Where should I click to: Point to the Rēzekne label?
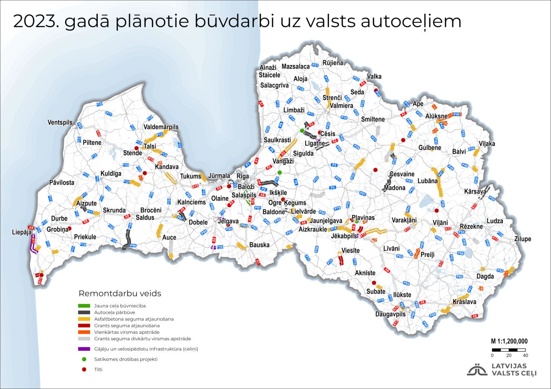472,226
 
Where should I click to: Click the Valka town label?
374,76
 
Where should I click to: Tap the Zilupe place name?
523,239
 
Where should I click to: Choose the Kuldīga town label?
111,173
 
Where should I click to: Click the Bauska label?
260,245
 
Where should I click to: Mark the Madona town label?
395,188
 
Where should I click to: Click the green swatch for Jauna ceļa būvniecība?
84,305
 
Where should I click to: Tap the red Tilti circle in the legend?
84,369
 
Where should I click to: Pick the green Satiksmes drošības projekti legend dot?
84,359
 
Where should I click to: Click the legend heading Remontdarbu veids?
120,293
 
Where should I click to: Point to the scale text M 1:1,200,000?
509,341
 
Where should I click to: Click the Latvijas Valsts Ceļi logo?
502,369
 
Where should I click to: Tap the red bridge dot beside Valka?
376,90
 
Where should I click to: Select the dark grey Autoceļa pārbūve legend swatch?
84,312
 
